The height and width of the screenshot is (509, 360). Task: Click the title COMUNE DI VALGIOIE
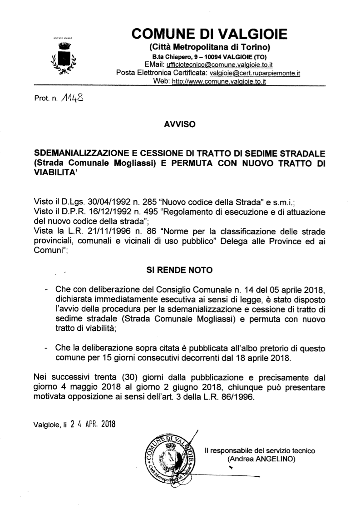click(209, 34)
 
